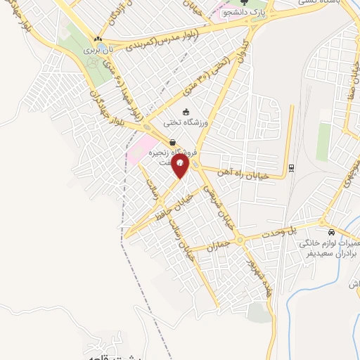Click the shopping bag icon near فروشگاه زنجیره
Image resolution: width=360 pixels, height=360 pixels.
pos(173,143)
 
